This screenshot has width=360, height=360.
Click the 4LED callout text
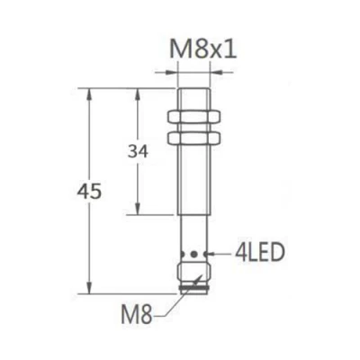256,255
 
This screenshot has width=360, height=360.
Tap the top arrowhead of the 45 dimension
87,93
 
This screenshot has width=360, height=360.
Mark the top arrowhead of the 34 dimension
138,93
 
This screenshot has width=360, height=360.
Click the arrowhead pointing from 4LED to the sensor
212,256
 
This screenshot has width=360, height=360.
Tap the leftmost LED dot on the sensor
186,256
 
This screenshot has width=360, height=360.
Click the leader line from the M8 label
171,302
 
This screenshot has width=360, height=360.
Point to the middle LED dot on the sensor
195,256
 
